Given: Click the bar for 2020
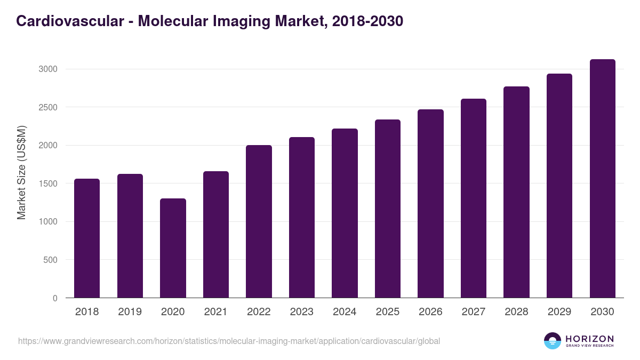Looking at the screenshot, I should coord(173,248).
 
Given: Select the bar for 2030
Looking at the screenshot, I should coord(602,179).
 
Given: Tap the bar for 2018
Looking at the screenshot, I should coord(87,238).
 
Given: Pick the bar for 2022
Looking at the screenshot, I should coord(259,221).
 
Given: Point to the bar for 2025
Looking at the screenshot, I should coord(388,209).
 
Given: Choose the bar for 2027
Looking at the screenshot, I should coord(474,198).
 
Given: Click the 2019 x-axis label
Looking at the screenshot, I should coord(130,312).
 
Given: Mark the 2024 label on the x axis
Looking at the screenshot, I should coord(345,312).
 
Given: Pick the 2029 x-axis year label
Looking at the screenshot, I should coord(559,312).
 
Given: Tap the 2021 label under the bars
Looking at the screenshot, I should coord(215,312).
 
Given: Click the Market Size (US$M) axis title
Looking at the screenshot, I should coord(22,172).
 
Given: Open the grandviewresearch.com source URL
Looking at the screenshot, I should coord(229,341).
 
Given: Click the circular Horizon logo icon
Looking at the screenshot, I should coord(553,341).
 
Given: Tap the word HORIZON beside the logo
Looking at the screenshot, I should coord(589,338).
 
